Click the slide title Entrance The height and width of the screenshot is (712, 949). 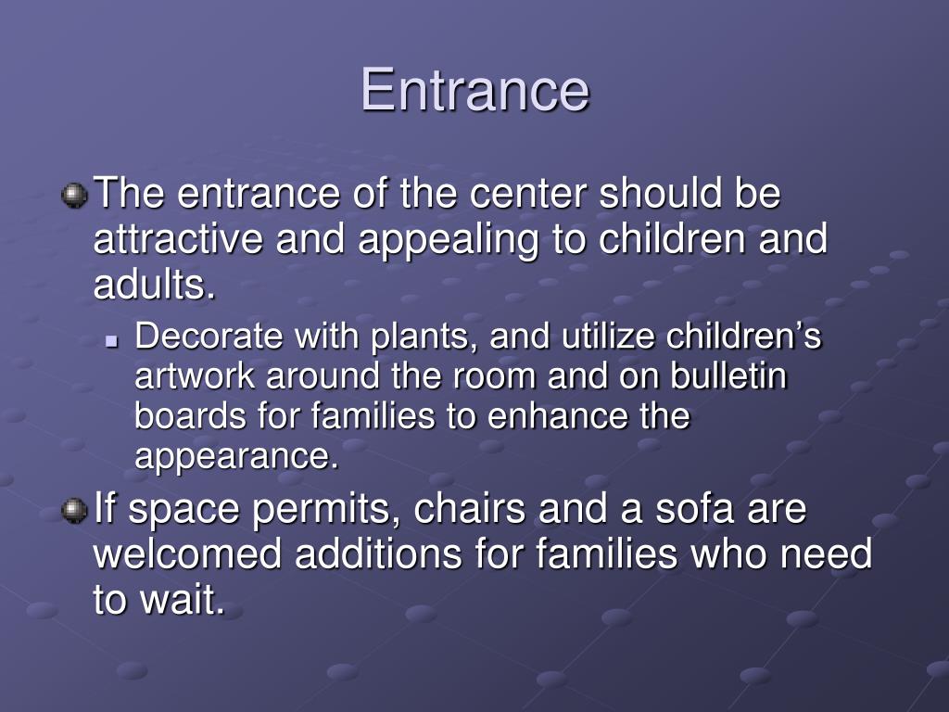point(474,90)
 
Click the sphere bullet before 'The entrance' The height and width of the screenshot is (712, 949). point(74,196)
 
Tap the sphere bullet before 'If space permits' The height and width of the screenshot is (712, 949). point(74,511)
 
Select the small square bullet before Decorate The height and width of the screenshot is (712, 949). point(112,341)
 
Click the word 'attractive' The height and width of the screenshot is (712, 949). point(178,238)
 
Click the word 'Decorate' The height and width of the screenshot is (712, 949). point(209,336)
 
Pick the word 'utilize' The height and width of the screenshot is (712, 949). point(608,336)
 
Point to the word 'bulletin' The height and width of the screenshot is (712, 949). point(728,375)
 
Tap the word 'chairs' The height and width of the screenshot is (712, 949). point(469,508)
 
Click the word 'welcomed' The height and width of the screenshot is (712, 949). point(187,554)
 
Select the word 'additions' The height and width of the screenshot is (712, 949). point(378,554)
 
